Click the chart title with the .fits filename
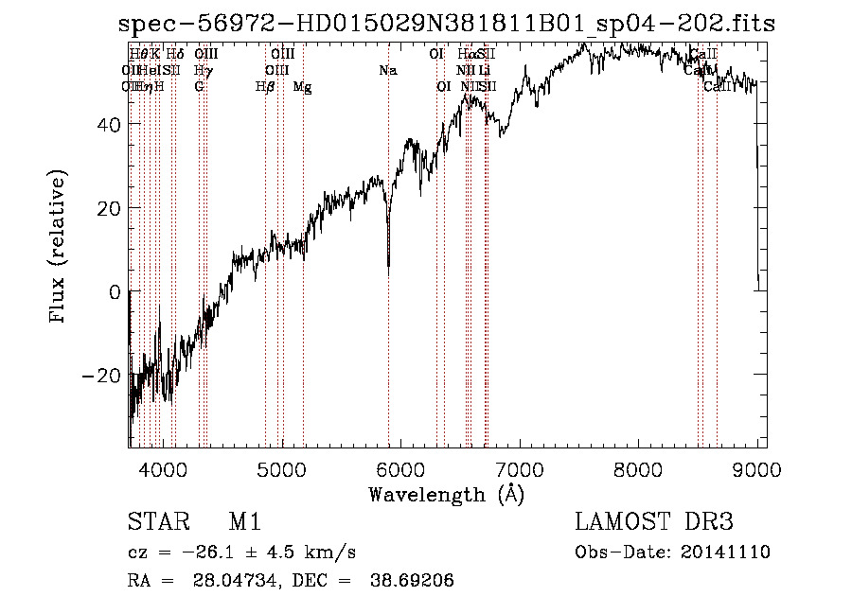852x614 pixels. point(446,24)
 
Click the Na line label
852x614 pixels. point(387,70)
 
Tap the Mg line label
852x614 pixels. point(302,87)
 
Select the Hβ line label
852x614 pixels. point(264,87)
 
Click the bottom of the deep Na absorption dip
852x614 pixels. point(388,268)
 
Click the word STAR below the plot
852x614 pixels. point(158,522)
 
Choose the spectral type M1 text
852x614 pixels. point(243,522)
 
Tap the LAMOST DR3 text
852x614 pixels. point(654,522)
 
